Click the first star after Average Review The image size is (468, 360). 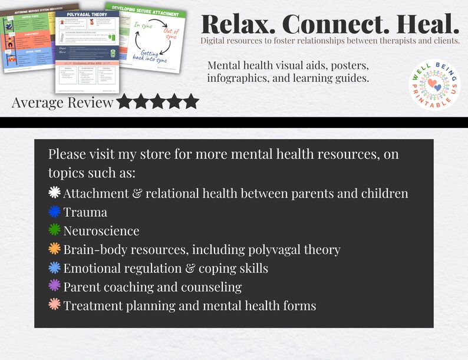124,102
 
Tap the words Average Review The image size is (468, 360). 62,103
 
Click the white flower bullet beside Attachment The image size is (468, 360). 55,192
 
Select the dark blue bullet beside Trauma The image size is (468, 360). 55,211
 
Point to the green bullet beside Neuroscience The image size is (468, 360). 55,230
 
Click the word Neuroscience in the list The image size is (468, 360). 101,230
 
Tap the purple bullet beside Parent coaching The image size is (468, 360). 55,286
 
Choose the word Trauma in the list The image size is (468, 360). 85,212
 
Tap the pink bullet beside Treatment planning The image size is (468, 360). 55,305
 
